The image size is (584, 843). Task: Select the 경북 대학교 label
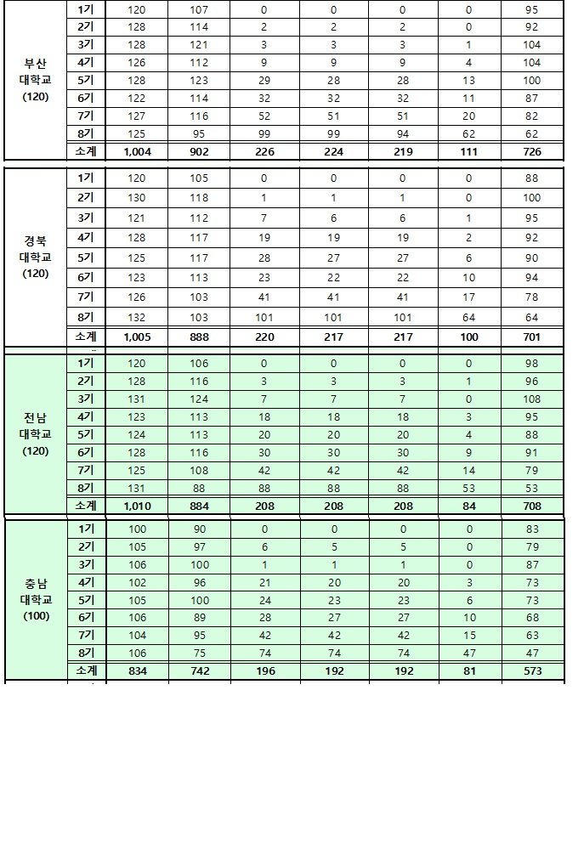click(x=35, y=257)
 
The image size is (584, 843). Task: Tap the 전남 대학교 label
click(x=35, y=433)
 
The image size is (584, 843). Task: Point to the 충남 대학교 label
click(x=35, y=599)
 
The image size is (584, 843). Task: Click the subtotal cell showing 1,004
click(x=136, y=152)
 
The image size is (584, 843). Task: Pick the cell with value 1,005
click(x=136, y=337)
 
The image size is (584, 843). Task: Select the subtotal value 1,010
click(x=136, y=506)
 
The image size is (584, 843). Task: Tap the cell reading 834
click(x=136, y=671)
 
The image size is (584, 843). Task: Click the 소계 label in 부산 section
click(x=86, y=152)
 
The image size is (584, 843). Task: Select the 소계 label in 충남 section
click(x=86, y=671)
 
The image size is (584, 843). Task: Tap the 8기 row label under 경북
click(x=86, y=317)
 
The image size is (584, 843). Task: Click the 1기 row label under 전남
click(x=86, y=364)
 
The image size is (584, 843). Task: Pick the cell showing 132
click(x=136, y=317)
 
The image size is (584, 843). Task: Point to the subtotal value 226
click(x=264, y=152)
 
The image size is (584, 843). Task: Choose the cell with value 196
click(x=264, y=671)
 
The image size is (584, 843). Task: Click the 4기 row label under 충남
click(x=86, y=583)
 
